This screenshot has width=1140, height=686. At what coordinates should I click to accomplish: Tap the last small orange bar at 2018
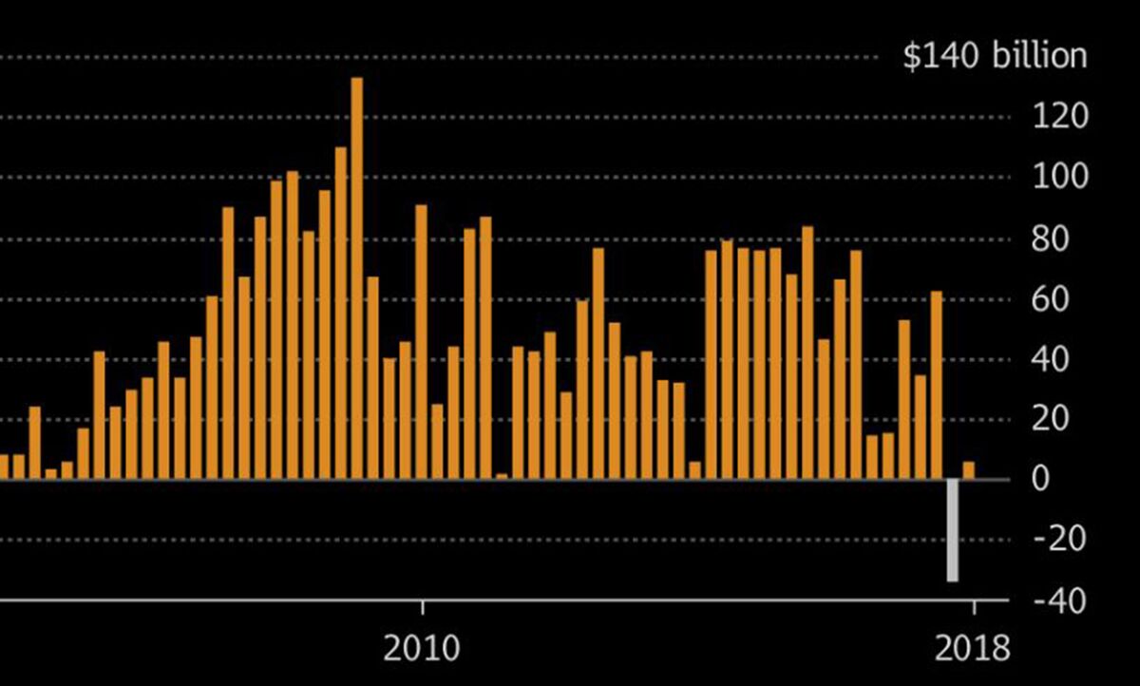point(968,470)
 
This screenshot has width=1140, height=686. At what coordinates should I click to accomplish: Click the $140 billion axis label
point(995,56)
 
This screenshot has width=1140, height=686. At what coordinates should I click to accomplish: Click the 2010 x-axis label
point(423,649)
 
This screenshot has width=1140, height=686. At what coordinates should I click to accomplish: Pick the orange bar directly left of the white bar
point(936,385)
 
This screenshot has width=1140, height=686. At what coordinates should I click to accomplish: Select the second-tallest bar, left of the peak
point(340,313)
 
